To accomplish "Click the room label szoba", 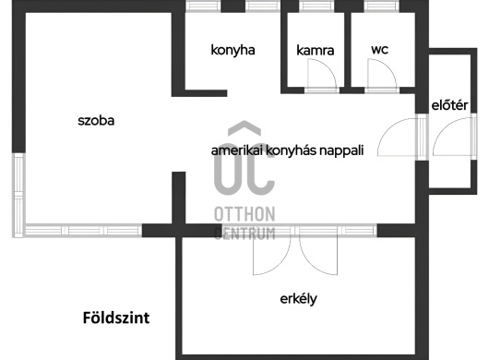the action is pos(96,121).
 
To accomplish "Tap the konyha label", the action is pos(233,50).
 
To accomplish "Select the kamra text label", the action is pos(316,50).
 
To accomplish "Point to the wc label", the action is pos(380,50).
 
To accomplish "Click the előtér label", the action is pos(449,105).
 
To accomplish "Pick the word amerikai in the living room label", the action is pos(237,150).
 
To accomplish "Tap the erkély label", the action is pos(298,299).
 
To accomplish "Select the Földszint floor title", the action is pos(116,318).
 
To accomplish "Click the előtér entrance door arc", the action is pos(442,131).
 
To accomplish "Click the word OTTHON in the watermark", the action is pos(244,214).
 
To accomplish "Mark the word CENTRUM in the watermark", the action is pos(244,234).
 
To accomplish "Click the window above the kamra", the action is pos(316,6).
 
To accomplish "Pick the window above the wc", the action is pos(381,6).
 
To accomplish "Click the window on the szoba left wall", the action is pos(18,195).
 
